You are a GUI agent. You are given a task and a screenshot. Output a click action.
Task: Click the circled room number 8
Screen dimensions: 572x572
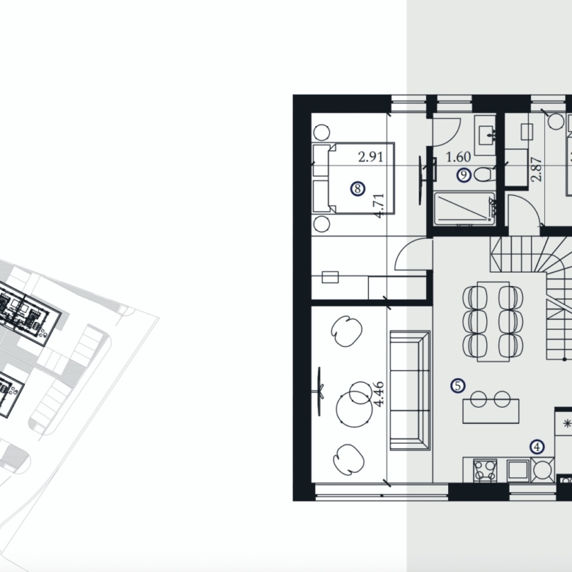[x=358, y=188]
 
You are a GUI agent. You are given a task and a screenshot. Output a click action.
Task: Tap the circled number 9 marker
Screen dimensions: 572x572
[x=463, y=175]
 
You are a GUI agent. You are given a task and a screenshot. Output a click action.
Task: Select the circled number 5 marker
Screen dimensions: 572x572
[x=458, y=386]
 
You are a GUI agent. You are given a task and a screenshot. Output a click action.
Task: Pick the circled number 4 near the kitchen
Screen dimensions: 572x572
[x=537, y=447]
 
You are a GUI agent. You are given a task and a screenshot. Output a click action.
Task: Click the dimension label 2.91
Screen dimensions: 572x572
[x=370, y=157]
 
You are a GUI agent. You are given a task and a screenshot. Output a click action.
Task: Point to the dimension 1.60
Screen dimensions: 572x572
[x=458, y=157]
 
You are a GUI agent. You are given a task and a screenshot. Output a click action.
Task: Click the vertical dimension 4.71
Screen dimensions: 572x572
[x=379, y=205]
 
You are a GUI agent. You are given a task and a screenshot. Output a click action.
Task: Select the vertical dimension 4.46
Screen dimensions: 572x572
[x=379, y=394]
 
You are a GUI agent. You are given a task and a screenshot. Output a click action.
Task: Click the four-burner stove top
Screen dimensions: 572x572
[x=485, y=471]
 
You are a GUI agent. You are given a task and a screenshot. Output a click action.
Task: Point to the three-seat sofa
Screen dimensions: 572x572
[x=411, y=390]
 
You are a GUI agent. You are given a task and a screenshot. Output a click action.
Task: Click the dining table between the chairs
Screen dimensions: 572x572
[x=494, y=321]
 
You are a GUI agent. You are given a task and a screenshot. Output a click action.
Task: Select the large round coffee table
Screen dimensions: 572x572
[x=354, y=407]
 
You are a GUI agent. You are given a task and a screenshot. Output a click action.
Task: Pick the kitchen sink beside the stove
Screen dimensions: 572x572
[x=518, y=470]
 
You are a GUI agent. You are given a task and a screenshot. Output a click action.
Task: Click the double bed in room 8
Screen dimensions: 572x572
[x=354, y=178]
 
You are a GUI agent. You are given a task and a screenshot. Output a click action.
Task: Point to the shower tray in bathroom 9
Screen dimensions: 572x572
[x=464, y=209]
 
